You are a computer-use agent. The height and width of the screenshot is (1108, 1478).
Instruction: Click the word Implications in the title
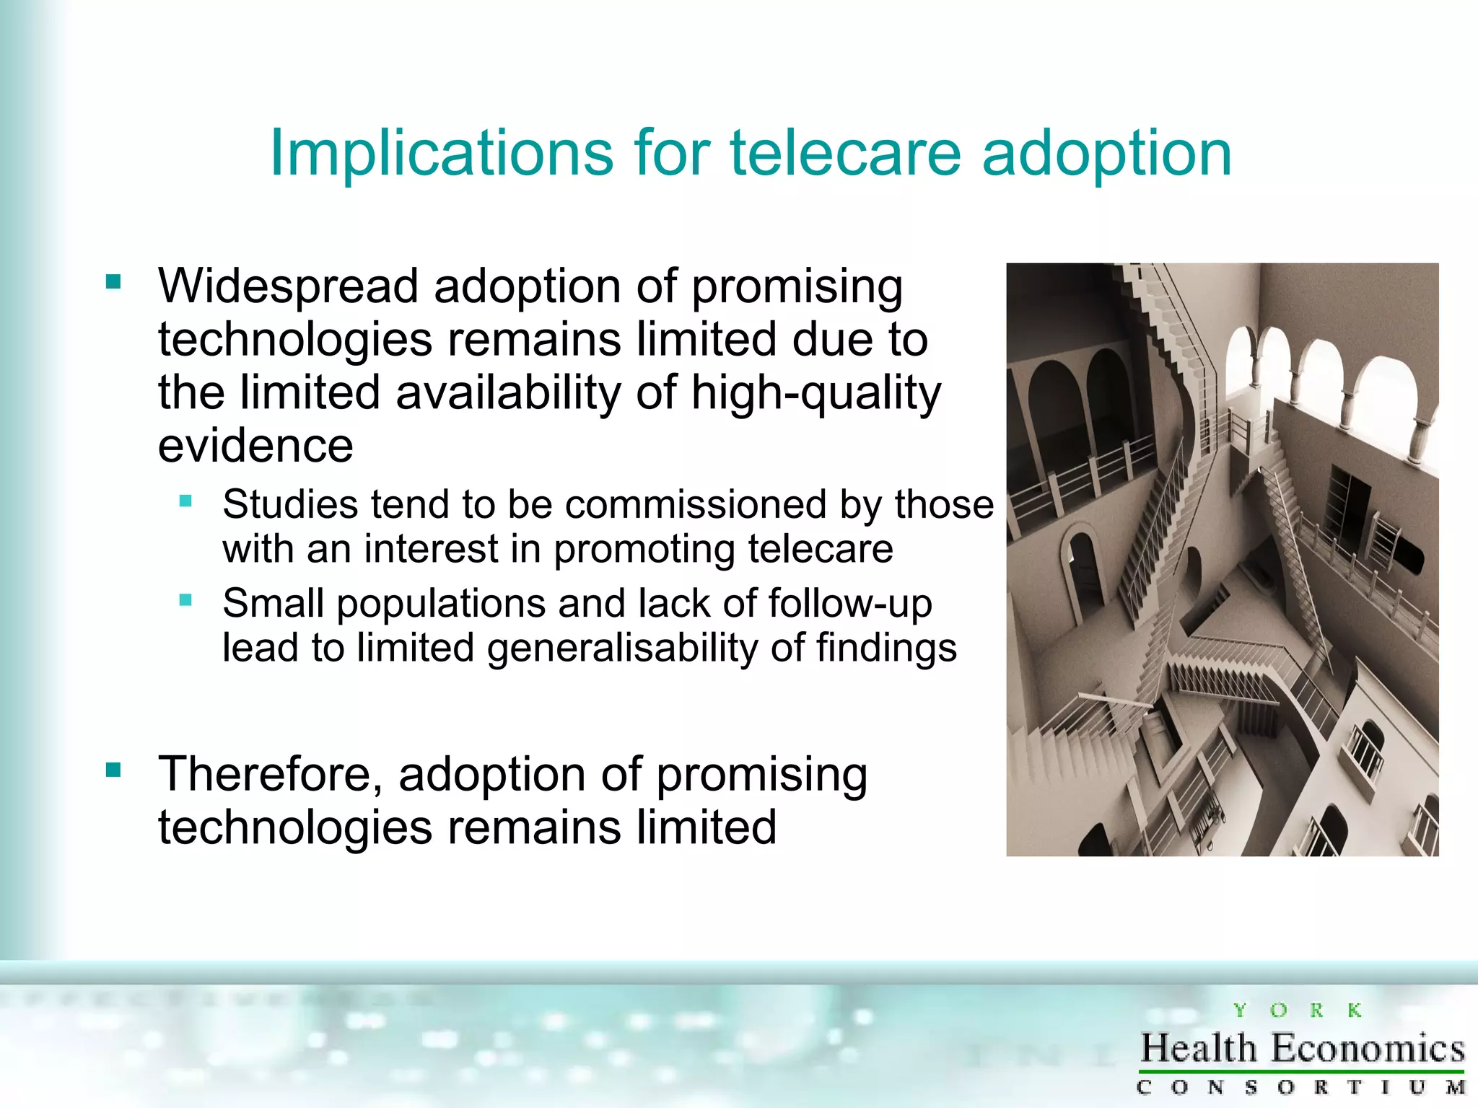point(441,154)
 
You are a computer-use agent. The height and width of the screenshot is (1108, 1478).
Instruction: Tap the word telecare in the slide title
point(846,154)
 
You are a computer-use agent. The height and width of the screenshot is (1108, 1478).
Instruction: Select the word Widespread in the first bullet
point(288,286)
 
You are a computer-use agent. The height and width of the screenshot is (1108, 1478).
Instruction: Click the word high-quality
point(815,394)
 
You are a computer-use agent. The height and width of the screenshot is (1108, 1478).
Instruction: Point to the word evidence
point(255,446)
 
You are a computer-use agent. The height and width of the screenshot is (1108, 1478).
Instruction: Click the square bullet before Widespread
point(113,281)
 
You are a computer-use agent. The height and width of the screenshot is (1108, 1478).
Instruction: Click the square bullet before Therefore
point(113,770)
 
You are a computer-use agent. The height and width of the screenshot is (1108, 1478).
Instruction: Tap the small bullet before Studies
point(185,501)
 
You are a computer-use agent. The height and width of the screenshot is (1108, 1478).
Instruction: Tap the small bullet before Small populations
point(185,599)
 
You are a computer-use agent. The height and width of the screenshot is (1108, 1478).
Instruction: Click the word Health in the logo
point(1199,1048)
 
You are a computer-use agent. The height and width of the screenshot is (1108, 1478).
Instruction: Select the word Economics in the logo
point(1368,1048)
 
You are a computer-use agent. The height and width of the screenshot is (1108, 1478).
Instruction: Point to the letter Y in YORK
point(1240,1011)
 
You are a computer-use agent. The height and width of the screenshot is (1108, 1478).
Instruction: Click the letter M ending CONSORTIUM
point(1455,1087)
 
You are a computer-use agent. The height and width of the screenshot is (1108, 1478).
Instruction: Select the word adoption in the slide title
point(1106,154)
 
